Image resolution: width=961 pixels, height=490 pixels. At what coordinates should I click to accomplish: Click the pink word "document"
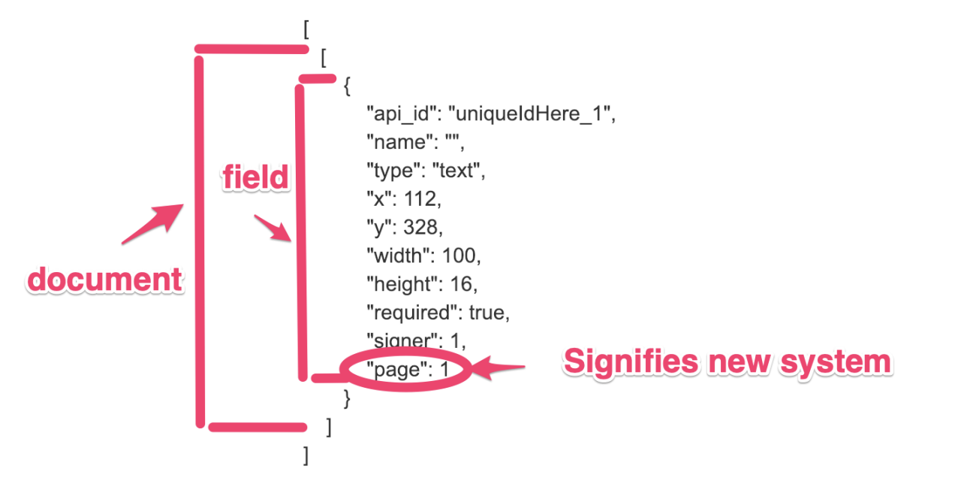pyautogui.click(x=105, y=280)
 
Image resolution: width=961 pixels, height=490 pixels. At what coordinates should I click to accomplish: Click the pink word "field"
pyautogui.click(x=255, y=177)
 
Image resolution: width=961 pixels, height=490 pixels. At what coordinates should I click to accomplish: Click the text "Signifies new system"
pyautogui.click(x=727, y=361)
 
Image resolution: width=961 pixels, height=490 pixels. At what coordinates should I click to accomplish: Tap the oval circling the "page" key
pyautogui.click(x=406, y=369)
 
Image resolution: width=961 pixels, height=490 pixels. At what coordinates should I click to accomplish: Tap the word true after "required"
pyautogui.click(x=488, y=313)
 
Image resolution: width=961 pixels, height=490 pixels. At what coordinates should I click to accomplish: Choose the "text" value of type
pyautogui.click(x=457, y=171)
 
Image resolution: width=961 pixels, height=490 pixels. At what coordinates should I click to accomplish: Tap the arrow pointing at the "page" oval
pyautogui.click(x=499, y=368)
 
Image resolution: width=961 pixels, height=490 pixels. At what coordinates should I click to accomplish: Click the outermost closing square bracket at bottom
pyautogui.click(x=306, y=455)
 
